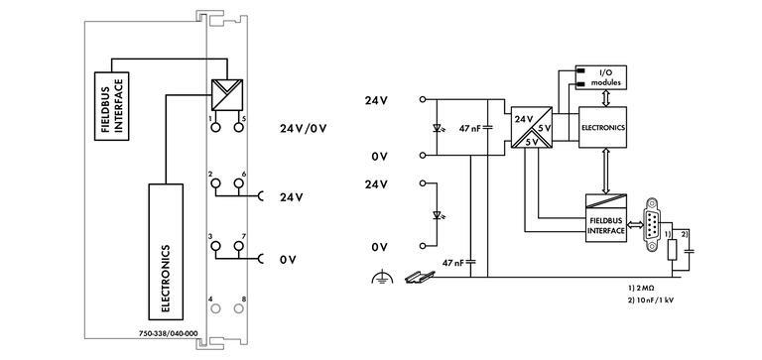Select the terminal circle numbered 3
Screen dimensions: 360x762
click(211, 247)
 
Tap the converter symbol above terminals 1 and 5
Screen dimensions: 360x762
click(225, 96)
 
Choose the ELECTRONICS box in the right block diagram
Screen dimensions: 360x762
click(604, 128)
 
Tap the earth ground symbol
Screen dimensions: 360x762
click(377, 281)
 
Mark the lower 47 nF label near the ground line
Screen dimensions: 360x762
click(453, 263)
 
